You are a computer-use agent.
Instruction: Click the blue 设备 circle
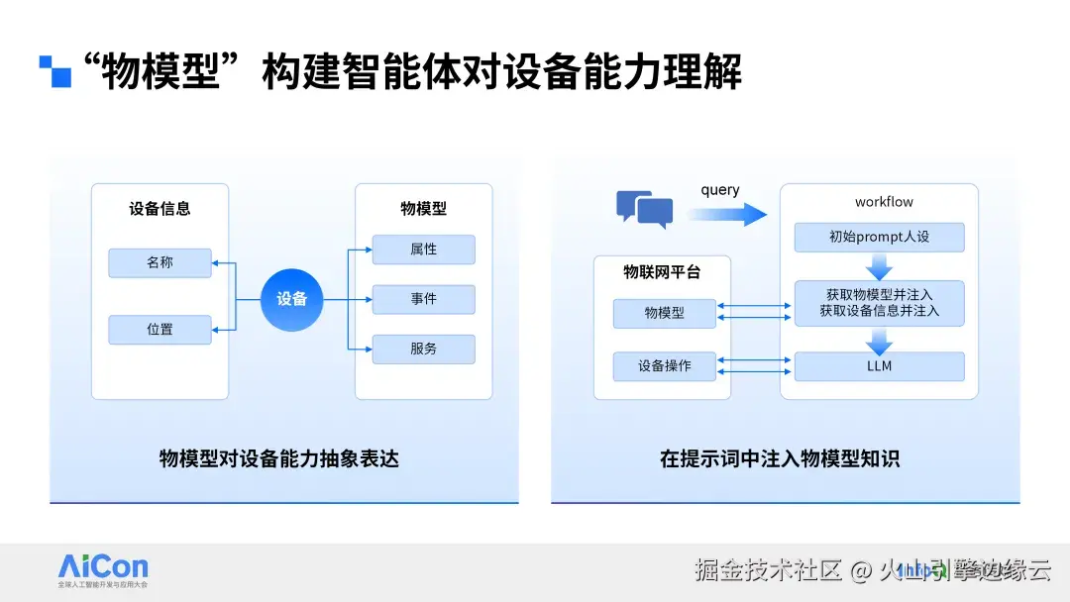point(292,299)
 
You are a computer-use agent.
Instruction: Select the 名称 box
point(160,262)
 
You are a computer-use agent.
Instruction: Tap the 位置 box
point(160,329)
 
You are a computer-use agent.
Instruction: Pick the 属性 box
point(423,250)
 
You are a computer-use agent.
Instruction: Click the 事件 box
point(423,299)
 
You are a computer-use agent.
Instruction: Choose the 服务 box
point(423,349)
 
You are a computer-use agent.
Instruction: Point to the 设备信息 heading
point(160,209)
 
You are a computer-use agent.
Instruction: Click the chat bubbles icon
point(644,208)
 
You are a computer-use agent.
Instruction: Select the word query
point(720,190)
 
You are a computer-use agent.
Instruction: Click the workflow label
point(884,202)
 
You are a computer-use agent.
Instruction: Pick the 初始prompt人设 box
point(879,238)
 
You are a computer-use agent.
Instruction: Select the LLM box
point(879,366)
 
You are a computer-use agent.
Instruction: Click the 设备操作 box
point(665,366)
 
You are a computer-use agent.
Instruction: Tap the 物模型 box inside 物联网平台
point(665,313)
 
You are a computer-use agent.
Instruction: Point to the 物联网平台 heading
point(662,272)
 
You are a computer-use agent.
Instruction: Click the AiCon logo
point(103,569)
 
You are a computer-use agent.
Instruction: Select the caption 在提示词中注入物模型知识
point(780,458)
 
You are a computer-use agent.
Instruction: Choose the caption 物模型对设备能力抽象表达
point(279,458)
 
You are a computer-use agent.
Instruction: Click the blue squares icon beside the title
point(55,71)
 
